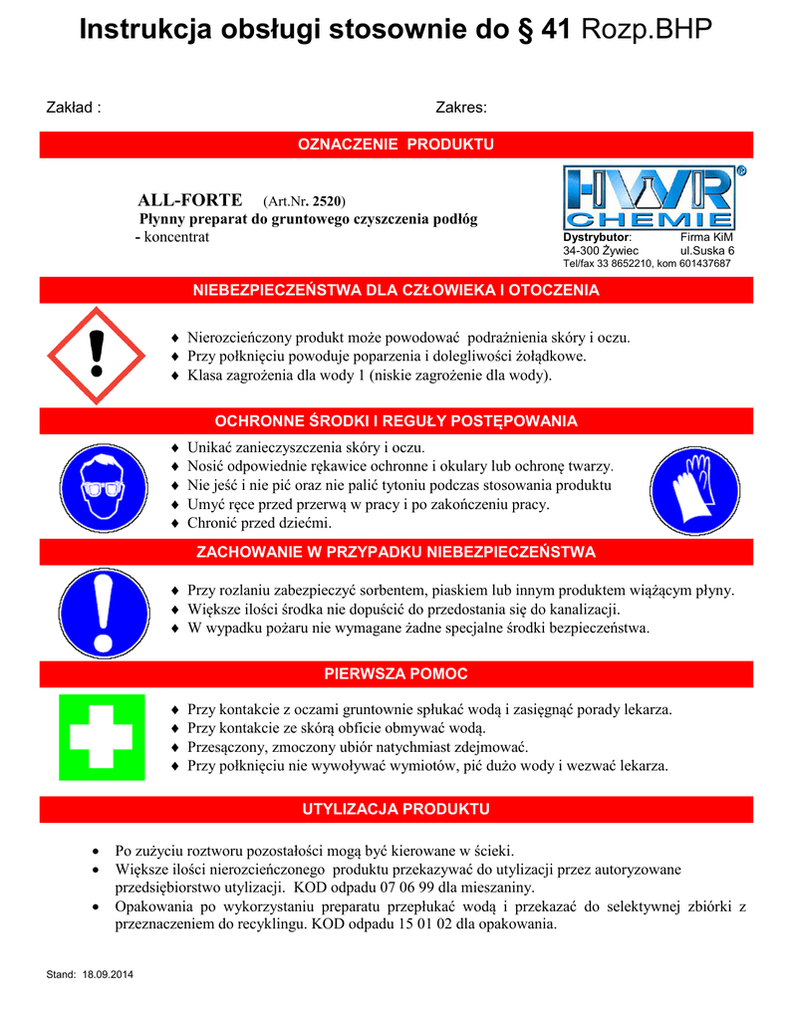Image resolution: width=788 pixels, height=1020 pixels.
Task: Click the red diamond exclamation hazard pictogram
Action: (x=96, y=356)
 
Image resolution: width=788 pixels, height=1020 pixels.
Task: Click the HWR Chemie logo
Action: (x=649, y=198)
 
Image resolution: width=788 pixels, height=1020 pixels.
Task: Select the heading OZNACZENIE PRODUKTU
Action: (x=396, y=145)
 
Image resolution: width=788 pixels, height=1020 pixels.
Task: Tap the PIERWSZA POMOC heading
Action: (x=396, y=674)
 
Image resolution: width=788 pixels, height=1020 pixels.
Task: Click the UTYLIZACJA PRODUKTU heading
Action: (x=396, y=808)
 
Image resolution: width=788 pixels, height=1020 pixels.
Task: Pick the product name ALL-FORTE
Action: (x=189, y=200)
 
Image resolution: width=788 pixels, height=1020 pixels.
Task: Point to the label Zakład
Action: (x=74, y=108)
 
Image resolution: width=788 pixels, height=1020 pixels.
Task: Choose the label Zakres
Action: (x=460, y=108)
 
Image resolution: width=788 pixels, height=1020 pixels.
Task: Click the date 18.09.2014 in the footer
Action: (x=108, y=973)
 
